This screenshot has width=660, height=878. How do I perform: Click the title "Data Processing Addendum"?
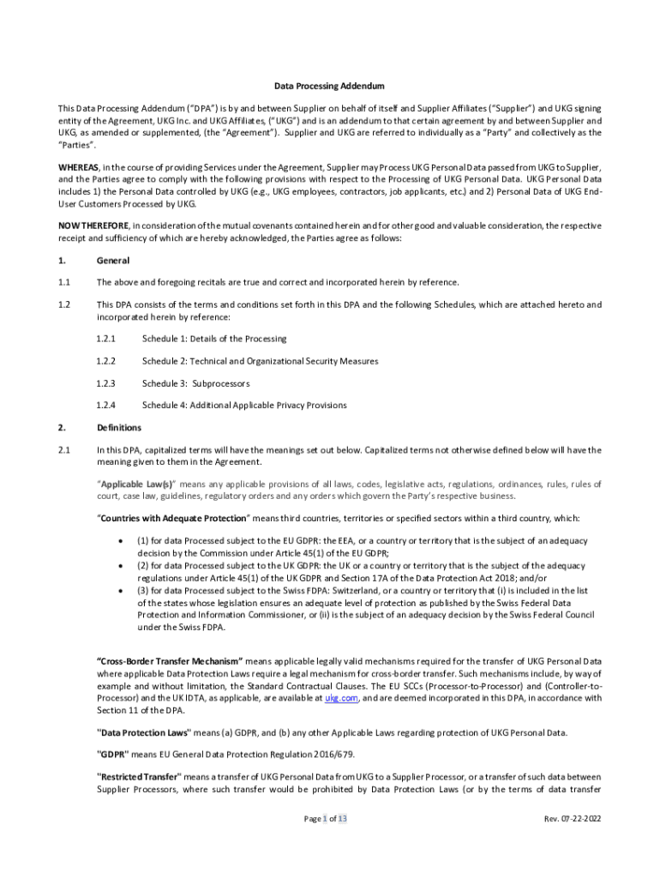click(329, 87)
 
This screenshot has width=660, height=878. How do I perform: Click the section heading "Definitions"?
click(119, 427)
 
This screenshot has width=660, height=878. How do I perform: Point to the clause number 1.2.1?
click(106, 339)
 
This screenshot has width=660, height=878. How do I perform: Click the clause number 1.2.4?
click(106, 405)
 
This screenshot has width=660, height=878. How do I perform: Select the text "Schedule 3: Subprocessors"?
click(196, 383)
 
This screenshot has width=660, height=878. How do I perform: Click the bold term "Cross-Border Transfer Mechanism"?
click(171, 661)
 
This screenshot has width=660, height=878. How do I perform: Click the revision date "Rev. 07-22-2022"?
click(573, 819)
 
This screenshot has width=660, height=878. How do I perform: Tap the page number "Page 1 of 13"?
click(326, 819)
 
